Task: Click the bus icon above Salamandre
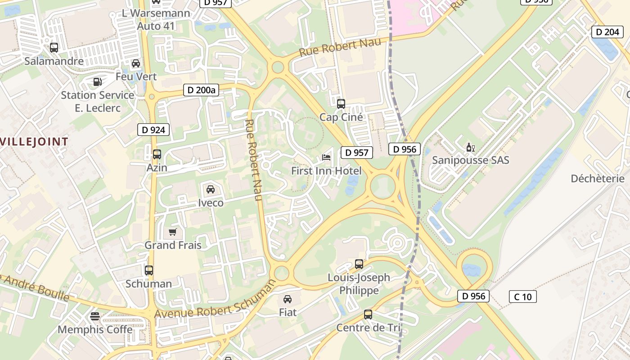[x=54, y=47]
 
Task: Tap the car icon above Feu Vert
[x=136, y=63]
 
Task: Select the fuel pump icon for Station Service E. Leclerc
[x=97, y=82]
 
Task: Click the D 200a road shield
[x=201, y=90]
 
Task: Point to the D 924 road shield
[x=153, y=130]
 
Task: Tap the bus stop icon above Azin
[x=157, y=154]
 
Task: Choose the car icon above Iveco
[x=211, y=189]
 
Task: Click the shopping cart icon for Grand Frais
[x=172, y=232]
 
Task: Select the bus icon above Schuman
[x=149, y=270]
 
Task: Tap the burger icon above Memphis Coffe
[x=94, y=316]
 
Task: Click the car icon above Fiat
[x=288, y=299]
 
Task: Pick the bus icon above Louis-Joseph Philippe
[x=359, y=264]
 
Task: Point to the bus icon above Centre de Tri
[x=368, y=315]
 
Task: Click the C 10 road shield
[x=523, y=297]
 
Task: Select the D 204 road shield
[x=607, y=32]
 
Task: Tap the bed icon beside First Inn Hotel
[x=326, y=157]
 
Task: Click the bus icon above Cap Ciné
[x=341, y=104]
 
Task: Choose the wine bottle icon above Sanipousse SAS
[x=471, y=147]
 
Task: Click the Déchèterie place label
[x=598, y=179]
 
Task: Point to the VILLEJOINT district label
[x=34, y=142]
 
